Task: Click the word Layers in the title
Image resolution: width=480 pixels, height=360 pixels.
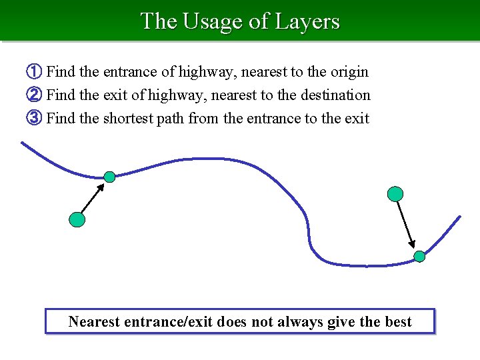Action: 309,21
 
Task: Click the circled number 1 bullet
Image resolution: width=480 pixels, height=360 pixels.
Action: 34,71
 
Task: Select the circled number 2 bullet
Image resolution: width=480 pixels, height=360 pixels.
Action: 34,95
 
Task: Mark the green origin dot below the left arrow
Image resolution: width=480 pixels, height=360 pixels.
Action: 77,219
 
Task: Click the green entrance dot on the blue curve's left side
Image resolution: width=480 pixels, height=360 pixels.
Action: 109,177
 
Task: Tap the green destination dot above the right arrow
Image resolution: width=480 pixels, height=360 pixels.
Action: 395,194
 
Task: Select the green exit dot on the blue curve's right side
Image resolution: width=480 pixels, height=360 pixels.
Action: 419,256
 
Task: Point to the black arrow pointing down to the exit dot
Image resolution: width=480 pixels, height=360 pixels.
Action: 406,225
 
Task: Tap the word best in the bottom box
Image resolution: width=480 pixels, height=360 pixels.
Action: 398,322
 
